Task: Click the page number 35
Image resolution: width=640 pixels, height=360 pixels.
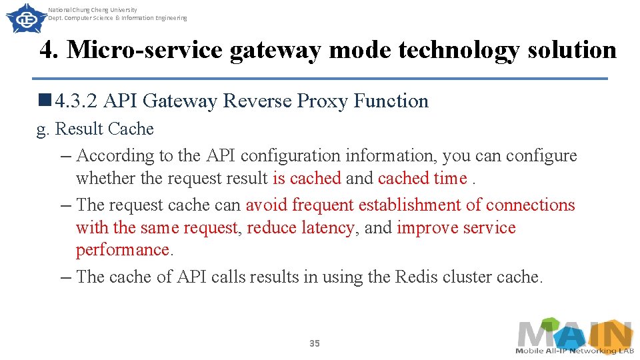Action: point(315,343)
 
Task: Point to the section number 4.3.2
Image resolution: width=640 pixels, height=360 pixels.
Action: point(77,101)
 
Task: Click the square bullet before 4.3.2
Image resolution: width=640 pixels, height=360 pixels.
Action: point(45,101)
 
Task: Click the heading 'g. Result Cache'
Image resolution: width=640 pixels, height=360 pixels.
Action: point(95,129)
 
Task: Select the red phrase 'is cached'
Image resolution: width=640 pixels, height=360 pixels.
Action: point(307,178)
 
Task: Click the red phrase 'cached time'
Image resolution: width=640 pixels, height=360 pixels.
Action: point(422,178)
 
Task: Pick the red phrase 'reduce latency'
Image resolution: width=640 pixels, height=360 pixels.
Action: point(300,227)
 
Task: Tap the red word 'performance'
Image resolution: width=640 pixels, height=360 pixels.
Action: point(123,250)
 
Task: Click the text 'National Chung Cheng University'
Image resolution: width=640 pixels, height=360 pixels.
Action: point(93,10)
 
